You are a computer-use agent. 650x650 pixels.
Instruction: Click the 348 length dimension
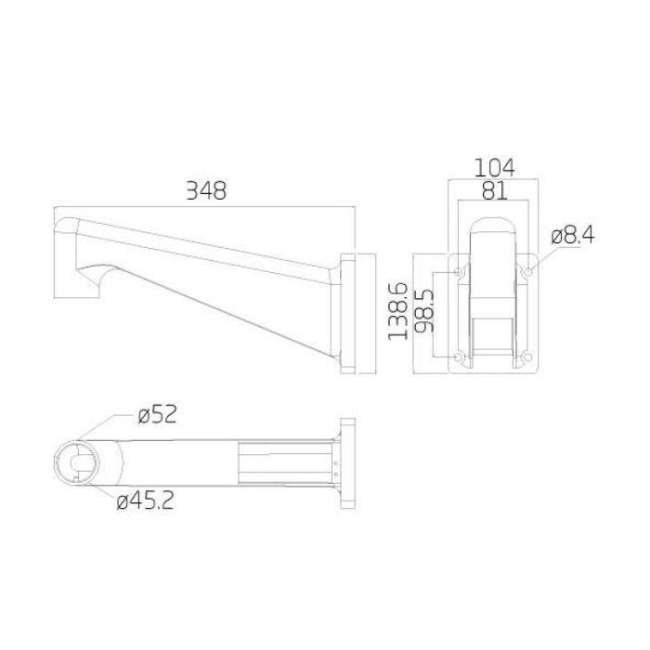click(x=205, y=190)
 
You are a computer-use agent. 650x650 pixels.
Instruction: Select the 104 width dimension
click(x=494, y=167)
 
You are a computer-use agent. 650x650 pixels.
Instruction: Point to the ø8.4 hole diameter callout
click(x=572, y=235)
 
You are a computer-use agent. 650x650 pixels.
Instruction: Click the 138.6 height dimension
click(x=398, y=312)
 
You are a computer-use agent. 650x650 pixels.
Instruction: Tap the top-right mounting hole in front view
click(x=526, y=271)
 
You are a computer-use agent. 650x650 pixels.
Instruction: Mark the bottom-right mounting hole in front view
click(x=526, y=357)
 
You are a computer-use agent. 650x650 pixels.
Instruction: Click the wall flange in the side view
click(x=349, y=312)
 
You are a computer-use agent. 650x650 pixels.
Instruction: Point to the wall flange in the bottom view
click(x=349, y=461)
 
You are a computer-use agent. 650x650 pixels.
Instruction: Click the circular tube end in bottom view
click(x=78, y=461)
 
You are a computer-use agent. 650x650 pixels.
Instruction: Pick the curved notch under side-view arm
click(x=100, y=275)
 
